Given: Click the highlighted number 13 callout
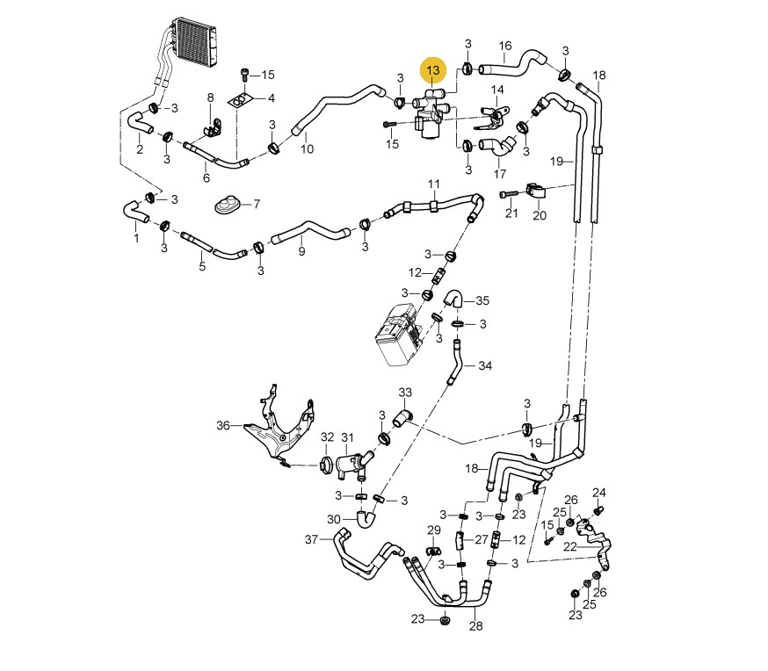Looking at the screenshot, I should [434, 69].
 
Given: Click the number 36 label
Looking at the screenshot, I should [222, 426].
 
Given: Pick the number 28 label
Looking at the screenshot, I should [476, 626].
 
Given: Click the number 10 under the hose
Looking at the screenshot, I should [308, 149].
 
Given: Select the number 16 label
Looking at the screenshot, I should [505, 46].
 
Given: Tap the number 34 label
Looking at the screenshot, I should [485, 365].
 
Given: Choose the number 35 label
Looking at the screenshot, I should [482, 300].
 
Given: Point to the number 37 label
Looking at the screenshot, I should [310, 538].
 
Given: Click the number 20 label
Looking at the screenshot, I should [539, 215].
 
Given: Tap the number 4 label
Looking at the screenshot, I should [272, 97].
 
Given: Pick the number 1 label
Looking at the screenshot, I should [136, 237].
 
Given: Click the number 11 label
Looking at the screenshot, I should [434, 184].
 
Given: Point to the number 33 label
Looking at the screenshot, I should [405, 392].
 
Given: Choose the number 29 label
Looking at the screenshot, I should [433, 530].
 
